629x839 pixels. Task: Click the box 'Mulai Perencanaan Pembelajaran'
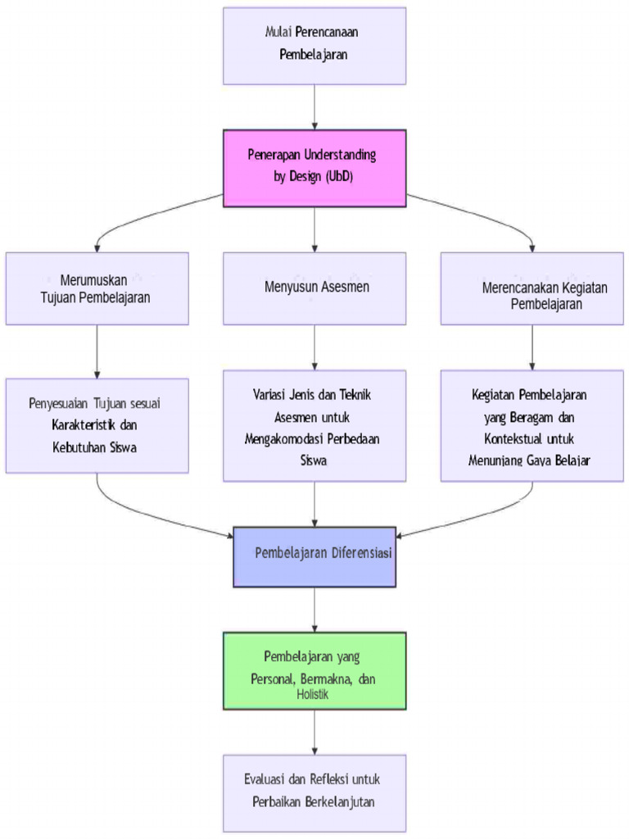[x=314, y=46]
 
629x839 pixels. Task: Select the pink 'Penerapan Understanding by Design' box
[x=314, y=167]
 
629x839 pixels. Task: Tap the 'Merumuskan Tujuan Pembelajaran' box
[x=97, y=288]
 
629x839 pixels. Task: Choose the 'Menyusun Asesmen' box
[x=314, y=288]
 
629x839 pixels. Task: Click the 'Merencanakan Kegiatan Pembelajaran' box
[x=532, y=288]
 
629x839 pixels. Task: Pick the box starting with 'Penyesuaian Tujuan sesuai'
[x=97, y=425]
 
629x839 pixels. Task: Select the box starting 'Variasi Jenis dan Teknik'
[x=314, y=425]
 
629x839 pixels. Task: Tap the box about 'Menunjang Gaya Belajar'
[x=532, y=425]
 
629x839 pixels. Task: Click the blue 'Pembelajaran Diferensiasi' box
[x=314, y=556]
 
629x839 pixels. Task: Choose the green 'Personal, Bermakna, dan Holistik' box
[x=314, y=669]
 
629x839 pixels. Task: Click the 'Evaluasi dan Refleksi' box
[x=314, y=791]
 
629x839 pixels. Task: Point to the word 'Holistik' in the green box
[x=313, y=694]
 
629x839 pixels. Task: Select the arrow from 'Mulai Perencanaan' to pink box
[x=314, y=107]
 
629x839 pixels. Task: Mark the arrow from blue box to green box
[x=314, y=609]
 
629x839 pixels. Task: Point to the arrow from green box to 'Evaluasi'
[x=314, y=731]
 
